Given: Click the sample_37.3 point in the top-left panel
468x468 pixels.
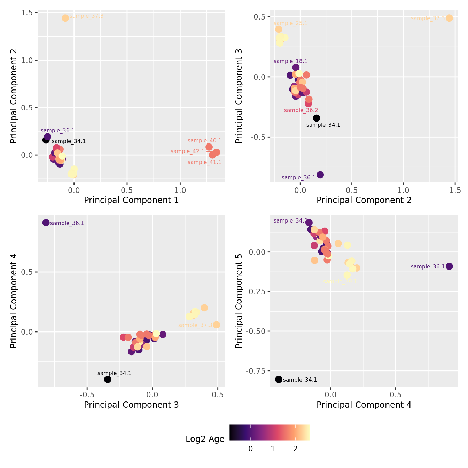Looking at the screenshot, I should click(65, 18).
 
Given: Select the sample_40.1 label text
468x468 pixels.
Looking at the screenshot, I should click(204, 141).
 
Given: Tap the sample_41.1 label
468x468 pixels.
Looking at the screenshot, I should click(204, 162).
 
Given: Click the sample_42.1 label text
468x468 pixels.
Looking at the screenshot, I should click(188, 151).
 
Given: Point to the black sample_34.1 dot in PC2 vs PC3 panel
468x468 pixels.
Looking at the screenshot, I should click(317, 118).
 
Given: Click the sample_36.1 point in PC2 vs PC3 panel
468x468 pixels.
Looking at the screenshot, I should click(320, 174).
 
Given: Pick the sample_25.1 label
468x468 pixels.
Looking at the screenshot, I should click(291, 23).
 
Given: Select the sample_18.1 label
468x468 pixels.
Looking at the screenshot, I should click(291, 61).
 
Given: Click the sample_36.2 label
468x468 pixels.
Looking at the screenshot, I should click(301, 110).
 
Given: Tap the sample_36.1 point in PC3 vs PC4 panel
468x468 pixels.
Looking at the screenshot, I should click(46, 223).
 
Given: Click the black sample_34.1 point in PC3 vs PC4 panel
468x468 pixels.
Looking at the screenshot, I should click(108, 379).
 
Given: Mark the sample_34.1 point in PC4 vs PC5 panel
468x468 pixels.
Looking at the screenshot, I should click(279, 379).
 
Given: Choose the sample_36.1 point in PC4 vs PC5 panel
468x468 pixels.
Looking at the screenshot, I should click(449, 266).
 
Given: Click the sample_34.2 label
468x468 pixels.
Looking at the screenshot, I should click(291, 221).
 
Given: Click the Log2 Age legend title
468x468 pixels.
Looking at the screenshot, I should click(205, 439).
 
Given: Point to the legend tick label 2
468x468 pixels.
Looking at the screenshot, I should click(295, 449).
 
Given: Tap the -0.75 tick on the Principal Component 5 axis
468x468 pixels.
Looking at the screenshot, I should click(255, 371).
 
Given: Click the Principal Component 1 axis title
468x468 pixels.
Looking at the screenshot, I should click(131, 200).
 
